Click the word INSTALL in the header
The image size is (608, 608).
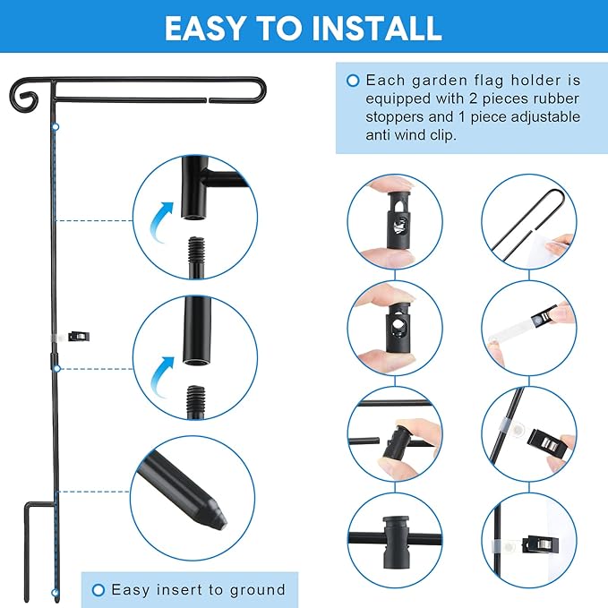point(377,28)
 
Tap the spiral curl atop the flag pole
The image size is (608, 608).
point(24,96)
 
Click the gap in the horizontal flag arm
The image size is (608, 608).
point(208,101)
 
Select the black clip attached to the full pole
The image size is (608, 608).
point(79,336)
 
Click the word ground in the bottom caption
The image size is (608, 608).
point(258,590)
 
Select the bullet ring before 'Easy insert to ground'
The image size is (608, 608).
point(98,590)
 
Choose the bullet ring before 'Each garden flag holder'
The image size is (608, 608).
point(353,81)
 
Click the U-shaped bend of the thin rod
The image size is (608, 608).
point(555,194)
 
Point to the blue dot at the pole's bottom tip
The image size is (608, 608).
point(56,594)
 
